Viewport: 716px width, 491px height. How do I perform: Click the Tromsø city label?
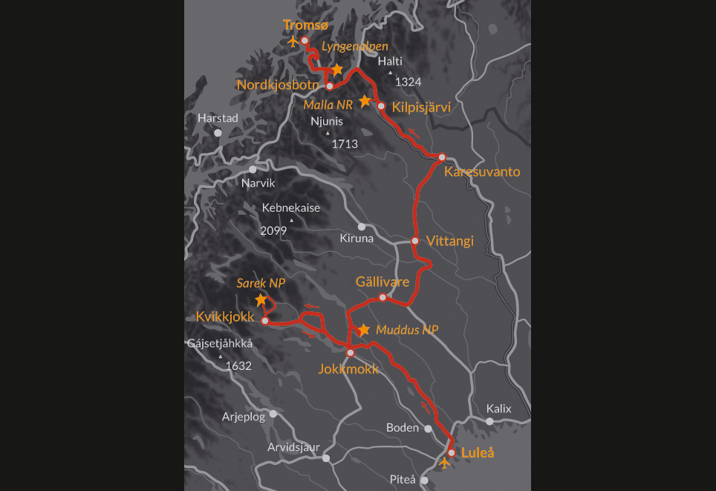tap(305, 25)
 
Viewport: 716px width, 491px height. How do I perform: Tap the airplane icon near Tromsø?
tap(293, 42)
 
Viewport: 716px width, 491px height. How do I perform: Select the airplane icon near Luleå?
tap(444, 464)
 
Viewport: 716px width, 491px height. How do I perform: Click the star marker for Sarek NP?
tap(261, 300)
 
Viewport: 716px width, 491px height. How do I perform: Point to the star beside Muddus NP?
tap(363, 329)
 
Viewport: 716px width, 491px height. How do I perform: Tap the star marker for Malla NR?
tap(365, 100)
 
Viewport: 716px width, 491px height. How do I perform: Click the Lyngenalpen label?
tap(354, 46)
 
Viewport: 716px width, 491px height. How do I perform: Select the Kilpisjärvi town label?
tap(421, 107)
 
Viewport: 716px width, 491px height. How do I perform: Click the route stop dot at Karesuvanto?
tap(442, 157)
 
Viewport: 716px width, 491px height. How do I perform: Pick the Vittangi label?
tap(450, 241)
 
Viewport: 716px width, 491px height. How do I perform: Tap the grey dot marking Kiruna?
tap(362, 227)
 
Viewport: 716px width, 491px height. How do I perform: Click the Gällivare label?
tap(383, 282)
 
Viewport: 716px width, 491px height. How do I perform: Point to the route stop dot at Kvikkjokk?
tap(265, 321)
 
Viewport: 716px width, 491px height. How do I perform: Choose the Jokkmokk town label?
tap(348, 368)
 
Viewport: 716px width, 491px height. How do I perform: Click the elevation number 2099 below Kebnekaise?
tap(273, 231)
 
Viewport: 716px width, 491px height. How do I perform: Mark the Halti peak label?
tap(389, 62)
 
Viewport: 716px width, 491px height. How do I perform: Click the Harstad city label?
tap(218, 118)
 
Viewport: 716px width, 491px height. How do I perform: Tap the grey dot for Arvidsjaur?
tap(325, 458)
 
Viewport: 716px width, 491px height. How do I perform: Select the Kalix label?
tap(499, 409)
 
